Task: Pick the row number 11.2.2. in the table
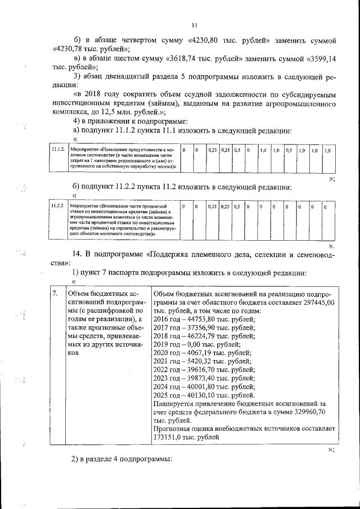tap(57, 206)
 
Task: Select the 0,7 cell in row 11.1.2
tap(289, 151)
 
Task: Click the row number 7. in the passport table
tap(54, 294)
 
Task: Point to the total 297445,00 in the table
tap(316, 303)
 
